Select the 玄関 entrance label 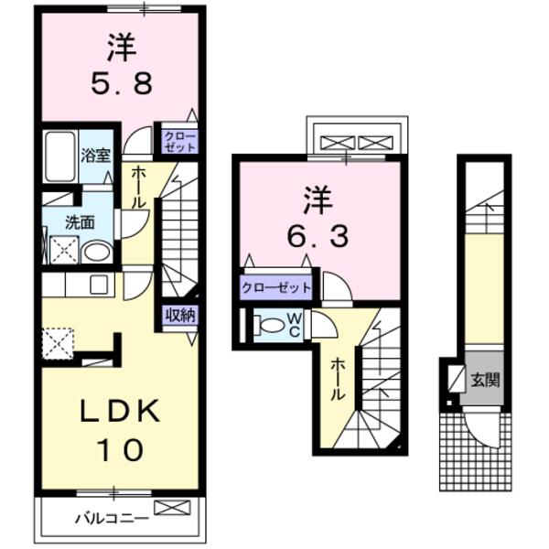(x=485, y=377)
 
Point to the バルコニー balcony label (x=111, y=519)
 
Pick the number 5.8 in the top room (x=122, y=83)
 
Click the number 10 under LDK (x=118, y=450)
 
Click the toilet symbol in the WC (x=270, y=325)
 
